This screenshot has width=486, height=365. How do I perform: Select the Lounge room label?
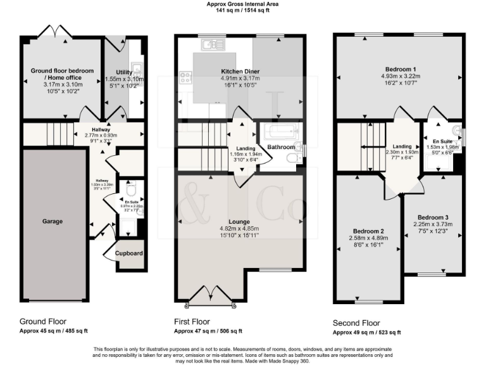pos(240,221)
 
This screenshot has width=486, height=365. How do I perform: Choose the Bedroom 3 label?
pos(434,217)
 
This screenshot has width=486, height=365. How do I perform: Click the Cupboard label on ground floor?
pos(128,253)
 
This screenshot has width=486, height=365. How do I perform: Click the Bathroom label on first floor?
pos(280,147)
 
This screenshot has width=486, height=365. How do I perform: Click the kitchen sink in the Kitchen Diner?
pos(213,45)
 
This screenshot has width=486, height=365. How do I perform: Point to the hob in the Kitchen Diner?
pos(187,78)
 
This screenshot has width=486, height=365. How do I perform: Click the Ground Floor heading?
pos(42,321)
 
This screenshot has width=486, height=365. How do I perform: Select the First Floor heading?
pos(192,321)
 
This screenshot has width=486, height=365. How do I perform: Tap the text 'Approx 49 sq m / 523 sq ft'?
pos(366,333)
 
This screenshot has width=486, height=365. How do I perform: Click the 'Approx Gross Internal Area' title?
pos(242,4)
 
